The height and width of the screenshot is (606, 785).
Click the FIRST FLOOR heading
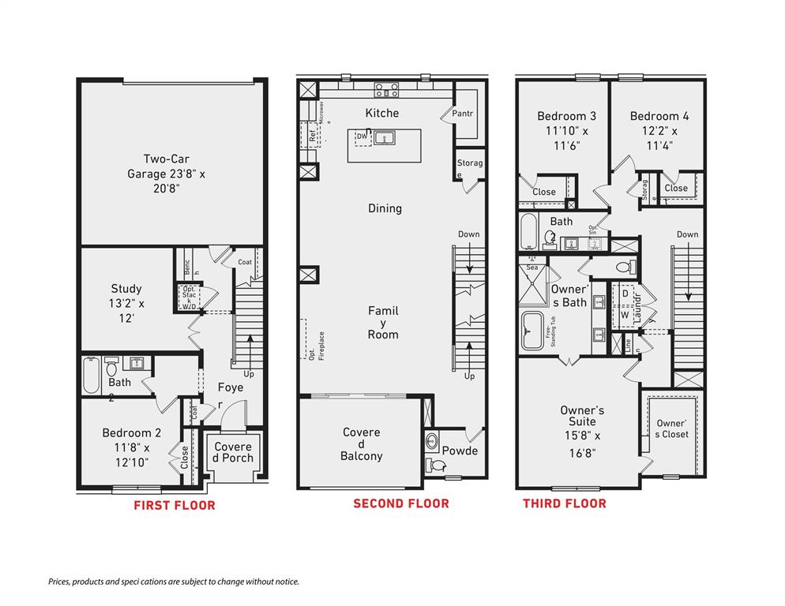(174, 505)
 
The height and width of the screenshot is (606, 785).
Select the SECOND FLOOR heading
(401, 503)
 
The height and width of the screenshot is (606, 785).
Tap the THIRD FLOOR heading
(565, 503)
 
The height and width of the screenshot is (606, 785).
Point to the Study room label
(126, 301)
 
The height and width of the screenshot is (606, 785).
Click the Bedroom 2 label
(131, 447)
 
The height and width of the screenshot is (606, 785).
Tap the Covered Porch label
(233, 452)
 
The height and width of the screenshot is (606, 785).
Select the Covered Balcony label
(361, 443)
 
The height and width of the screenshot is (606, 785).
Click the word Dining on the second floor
(385, 208)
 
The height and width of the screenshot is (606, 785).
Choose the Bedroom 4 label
(654, 129)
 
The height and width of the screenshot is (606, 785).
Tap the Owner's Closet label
(672, 428)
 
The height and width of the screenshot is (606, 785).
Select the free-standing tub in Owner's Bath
(532, 331)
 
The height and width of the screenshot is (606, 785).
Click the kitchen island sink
(386, 139)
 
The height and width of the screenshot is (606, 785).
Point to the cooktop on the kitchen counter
(385, 89)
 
